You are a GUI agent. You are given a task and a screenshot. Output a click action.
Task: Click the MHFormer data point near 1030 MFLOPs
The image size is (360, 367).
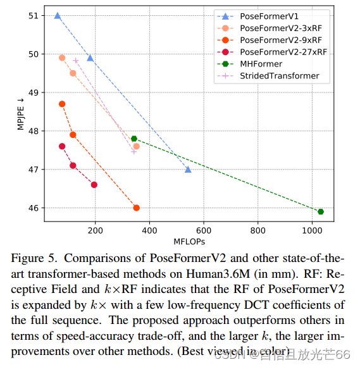point(321,211)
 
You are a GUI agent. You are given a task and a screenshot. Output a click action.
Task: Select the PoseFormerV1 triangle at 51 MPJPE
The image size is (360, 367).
point(58,16)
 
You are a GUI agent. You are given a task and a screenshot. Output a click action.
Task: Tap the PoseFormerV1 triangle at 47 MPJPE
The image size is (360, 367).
point(188,170)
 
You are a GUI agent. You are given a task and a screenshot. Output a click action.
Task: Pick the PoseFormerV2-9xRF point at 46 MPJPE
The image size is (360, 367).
point(136,208)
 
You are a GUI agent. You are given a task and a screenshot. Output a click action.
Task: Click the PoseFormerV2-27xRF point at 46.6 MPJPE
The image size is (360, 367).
point(94,185)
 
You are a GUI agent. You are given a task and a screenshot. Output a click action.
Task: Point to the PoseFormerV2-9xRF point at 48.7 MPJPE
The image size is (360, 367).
point(62,104)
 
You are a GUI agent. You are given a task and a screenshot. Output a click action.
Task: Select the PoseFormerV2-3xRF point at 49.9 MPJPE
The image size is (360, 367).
point(62,58)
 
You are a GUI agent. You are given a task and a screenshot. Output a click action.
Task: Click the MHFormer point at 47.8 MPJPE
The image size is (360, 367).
point(134,139)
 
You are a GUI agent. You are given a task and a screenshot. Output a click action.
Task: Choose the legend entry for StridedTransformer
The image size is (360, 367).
point(279,76)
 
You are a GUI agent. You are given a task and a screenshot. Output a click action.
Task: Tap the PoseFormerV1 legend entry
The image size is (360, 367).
point(266,15)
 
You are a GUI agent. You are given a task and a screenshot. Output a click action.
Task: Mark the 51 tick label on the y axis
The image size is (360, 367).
point(32,15)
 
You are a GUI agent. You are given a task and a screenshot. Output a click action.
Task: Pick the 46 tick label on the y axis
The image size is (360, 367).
point(32,208)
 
